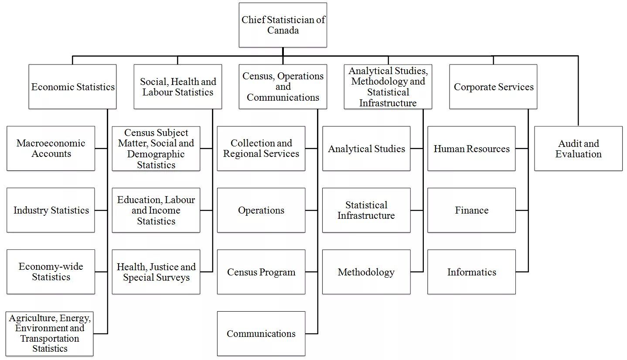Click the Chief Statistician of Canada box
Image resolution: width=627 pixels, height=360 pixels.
tap(283, 25)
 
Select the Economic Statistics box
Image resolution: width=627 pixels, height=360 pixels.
tap(72, 87)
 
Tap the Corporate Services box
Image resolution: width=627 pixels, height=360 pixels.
tap(493, 87)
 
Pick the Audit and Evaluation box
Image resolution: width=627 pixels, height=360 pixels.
tap(578, 149)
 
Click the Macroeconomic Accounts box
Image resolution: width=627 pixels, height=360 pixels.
tap(51, 149)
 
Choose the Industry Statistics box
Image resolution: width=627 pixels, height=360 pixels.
tap(51, 210)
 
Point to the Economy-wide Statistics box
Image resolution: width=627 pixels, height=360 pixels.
tap(51, 272)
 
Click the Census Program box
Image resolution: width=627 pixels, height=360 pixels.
tap(261, 272)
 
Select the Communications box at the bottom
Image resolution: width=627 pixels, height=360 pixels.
tap(261, 333)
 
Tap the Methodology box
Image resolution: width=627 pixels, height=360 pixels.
tap(366, 272)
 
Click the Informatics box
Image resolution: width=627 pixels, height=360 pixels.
tap(471, 272)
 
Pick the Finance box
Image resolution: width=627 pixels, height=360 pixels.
tap(471, 210)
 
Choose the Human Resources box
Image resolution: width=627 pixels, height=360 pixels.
tap(471, 149)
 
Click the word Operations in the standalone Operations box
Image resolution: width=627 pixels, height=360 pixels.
tap(261, 210)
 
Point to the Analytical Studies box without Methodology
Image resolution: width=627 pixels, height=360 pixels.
tap(366, 149)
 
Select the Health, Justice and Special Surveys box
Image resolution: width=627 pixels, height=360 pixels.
tap(156, 272)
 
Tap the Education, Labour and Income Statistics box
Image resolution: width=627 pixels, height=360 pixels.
tap(156, 210)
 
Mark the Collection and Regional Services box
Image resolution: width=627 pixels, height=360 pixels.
tap(261, 149)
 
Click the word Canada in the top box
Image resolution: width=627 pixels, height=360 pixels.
tap(283, 31)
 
